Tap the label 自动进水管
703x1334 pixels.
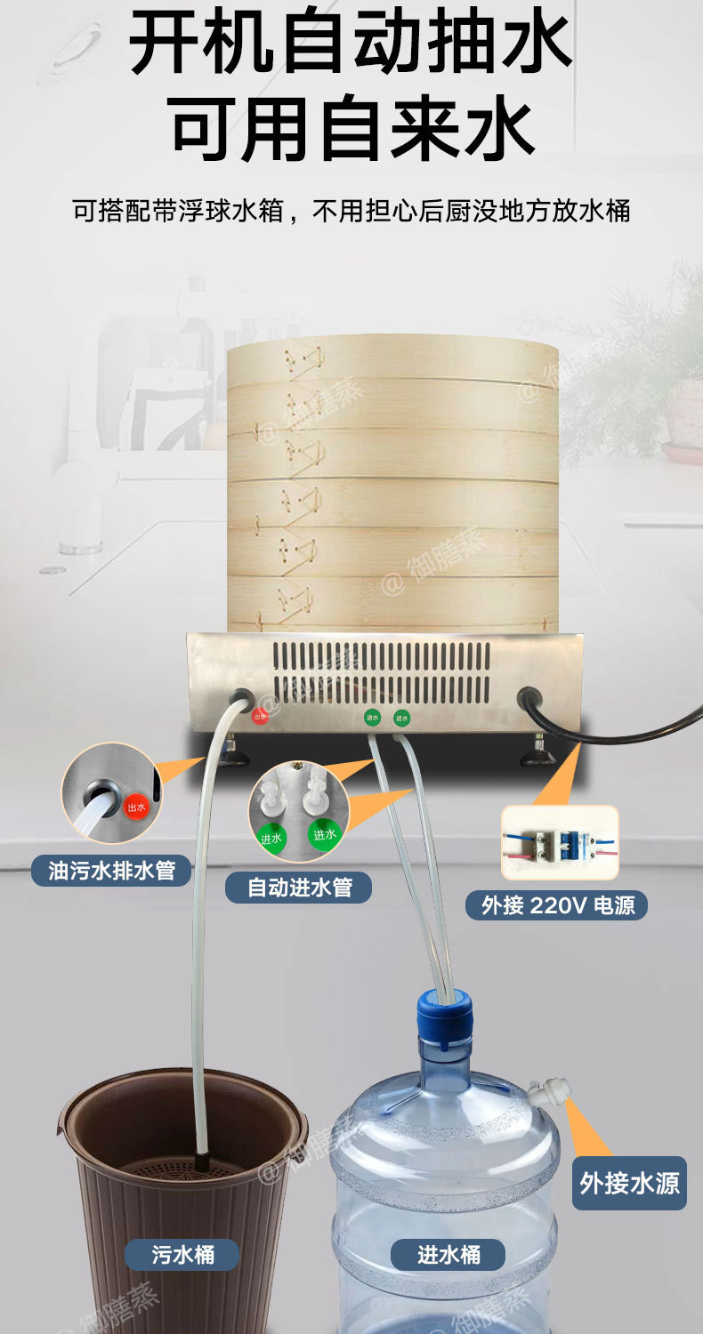click(x=298, y=887)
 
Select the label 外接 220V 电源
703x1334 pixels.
click(x=557, y=904)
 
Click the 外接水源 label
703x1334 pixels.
click(x=629, y=1183)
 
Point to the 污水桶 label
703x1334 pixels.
click(x=182, y=1254)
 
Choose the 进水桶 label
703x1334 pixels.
click(x=448, y=1254)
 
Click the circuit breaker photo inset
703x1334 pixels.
click(x=559, y=843)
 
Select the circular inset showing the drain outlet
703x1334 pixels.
click(x=109, y=793)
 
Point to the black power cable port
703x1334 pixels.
click(x=530, y=698)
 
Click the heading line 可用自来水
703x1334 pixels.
click(x=351, y=129)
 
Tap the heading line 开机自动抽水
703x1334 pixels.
click(x=351, y=43)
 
